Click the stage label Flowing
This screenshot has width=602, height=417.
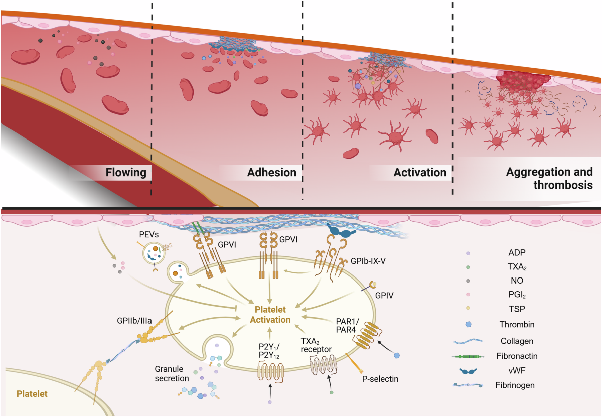(x=126, y=173)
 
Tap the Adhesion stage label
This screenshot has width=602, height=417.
(x=271, y=173)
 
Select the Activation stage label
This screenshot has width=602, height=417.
(x=420, y=173)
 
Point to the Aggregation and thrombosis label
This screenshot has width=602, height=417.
(x=549, y=178)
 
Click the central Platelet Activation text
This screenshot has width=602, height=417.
(x=271, y=315)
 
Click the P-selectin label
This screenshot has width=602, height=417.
(x=380, y=379)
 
